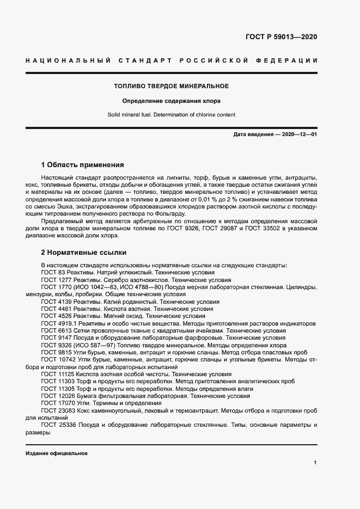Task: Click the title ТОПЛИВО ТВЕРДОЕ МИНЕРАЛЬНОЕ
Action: click(x=171, y=87)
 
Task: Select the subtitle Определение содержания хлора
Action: click(x=171, y=101)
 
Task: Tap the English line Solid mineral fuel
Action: click(x=130, y=115)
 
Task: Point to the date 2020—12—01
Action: click(x=298, y=133)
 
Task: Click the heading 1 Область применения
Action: click(x=83, y=164)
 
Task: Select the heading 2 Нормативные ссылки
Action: click(x=84, y=253)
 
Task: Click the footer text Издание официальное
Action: click(x=57, y=453)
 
